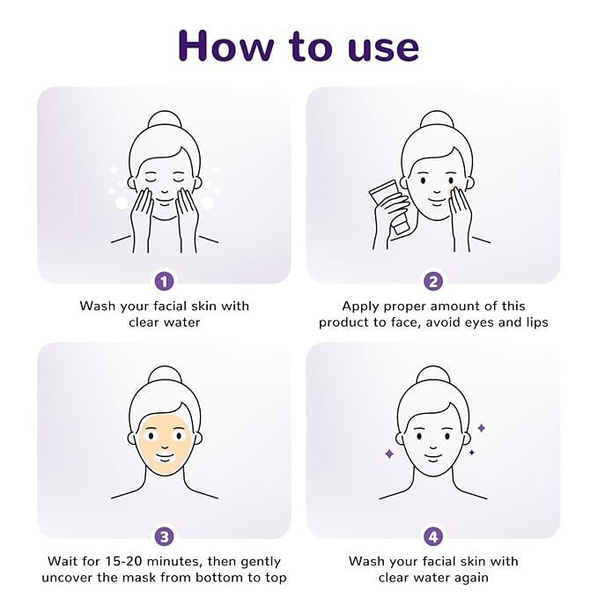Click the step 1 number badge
coord(165,282)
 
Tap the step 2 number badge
coord(433,282)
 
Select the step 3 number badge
coord(165,537)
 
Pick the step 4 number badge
coord(433,537)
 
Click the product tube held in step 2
coord(389,204)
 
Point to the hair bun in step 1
coord(165,122)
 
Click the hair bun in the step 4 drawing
coord(433,377)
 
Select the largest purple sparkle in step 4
coord(389,454)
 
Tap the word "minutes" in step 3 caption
coord(173,561)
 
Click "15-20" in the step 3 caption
coord(123,561)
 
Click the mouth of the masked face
coord(165,457)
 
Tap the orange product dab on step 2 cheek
coord(454,190)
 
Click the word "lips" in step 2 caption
coord(537,322)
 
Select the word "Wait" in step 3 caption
coord(63,561)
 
